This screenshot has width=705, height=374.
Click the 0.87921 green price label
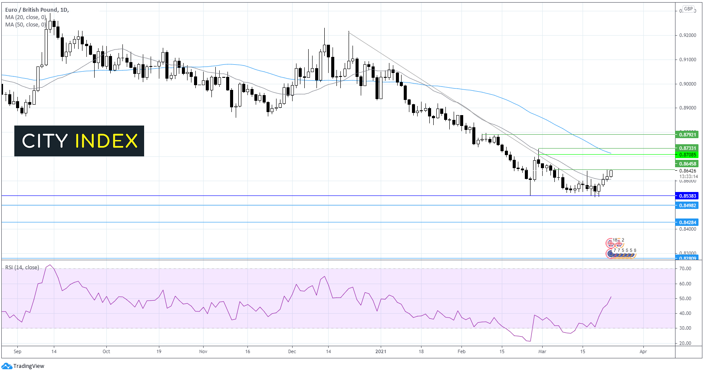(x=687, y=135)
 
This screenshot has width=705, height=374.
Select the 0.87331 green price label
(x=687, y=148)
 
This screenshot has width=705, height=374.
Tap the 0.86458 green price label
(x=687, y=164)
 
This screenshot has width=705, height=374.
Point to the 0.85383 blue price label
(x=687, y=196)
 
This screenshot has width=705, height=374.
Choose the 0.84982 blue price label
(x=687, y=205)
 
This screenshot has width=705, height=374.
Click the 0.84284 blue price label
(x=687, y=222)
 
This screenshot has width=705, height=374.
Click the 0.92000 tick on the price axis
(x=688, y=35)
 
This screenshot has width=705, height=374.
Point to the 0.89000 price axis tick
(x=688, y=108)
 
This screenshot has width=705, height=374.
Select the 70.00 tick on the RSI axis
(x=685, y=269)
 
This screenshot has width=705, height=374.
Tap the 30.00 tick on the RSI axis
(x=685, y=328)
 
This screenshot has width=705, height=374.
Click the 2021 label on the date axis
(x=381, y=351)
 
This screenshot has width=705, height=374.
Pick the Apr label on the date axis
(x=643, y=351)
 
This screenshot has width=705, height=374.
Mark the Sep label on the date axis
(x=17, y=351)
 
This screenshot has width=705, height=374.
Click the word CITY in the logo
(x=45, y=141)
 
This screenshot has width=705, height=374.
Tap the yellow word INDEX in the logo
(x=106, y=141)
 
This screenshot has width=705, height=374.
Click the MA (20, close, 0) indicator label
(x=26, y=17)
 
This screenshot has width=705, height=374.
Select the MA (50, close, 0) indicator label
(x=26, y=25)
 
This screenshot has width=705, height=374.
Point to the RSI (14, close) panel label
(x=22, y=268)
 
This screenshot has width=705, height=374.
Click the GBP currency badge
(x=689, y=9)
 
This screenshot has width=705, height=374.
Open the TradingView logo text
(x=29, y=366)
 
